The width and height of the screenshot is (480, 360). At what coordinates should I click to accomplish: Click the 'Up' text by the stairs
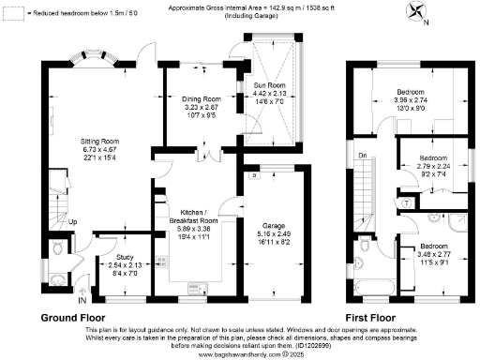59,222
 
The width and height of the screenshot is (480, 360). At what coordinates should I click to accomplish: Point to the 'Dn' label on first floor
361,154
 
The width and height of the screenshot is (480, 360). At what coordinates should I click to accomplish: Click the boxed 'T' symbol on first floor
405,202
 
